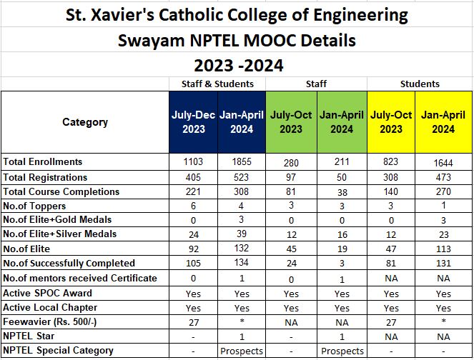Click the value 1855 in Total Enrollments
tap(241, 162)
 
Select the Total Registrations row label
tap(45, 177)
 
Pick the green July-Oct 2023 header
tap(291, 122)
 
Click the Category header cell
tap(84, 122)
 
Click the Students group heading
tap(420, 84)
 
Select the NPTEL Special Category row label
tap(59, 350)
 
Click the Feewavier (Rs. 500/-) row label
tap(51, 321)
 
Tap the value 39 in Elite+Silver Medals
tap(241, 234)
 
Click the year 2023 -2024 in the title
tap(236, 66)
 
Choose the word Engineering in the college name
tap(358, 14)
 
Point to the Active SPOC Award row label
tap(48, 293)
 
